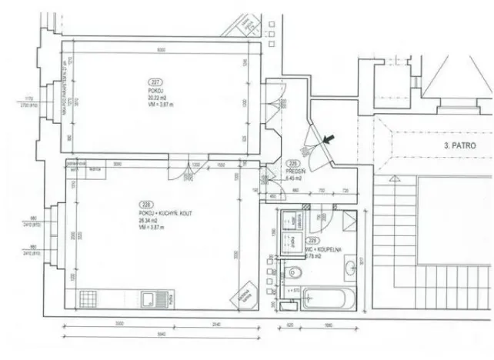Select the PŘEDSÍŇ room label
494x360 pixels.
coord(292,170)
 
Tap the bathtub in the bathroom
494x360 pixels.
coord(329,297)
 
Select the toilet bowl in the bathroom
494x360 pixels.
coord(293,272)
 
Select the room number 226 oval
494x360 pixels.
coord(292,163)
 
